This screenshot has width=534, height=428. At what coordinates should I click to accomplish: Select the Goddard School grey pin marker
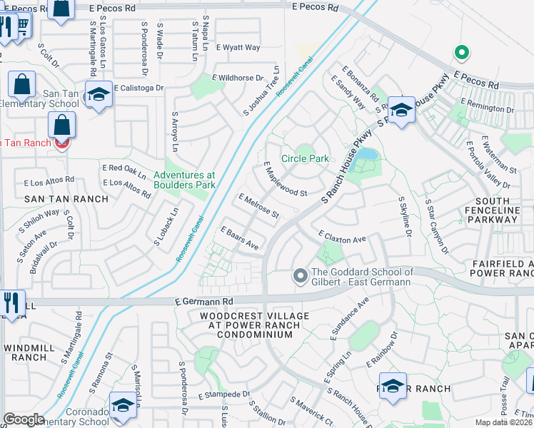(301, 275)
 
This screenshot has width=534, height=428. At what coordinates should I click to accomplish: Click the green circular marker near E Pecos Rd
(461, 52)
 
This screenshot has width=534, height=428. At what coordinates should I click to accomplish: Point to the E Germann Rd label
(204, 302)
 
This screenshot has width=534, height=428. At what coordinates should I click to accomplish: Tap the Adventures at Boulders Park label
(184, 180)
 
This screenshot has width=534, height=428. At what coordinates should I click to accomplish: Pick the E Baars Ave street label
(239, 238)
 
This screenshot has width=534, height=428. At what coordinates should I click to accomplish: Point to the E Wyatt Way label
(238, 48)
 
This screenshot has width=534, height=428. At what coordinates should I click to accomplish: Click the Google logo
(24, 419)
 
